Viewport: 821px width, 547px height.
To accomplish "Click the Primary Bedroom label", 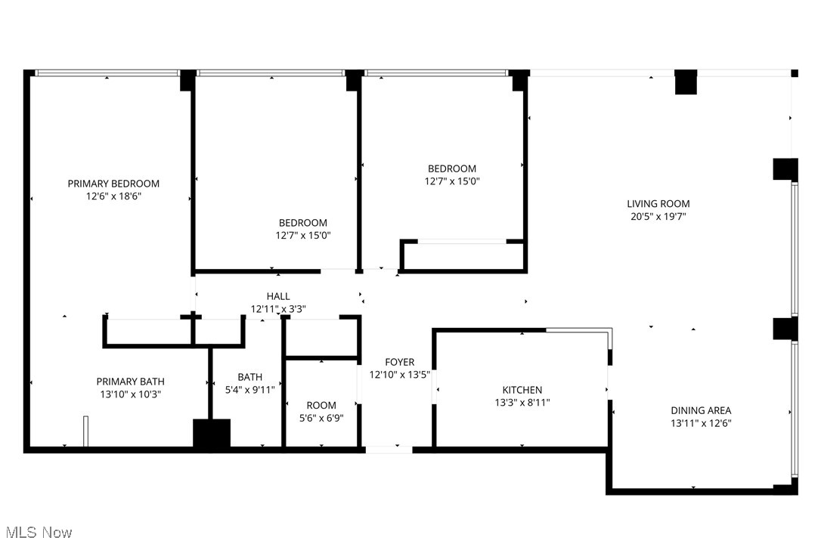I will click(x=113, y=184).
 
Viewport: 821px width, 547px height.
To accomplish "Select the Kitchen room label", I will click(x=522, y=390).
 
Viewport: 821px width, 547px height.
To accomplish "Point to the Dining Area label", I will click(x=701, y=411).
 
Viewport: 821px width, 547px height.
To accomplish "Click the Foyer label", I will click(x=399, y=363).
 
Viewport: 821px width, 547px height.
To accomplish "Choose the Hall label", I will click(x=278, y=296).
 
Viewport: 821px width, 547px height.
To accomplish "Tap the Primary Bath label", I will click(x=130, y=382).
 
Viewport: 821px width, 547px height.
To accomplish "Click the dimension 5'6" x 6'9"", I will click(x=321, y=418).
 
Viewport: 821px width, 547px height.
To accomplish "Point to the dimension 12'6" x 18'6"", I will click(x=113, y=196).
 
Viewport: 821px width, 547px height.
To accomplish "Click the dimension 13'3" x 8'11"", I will click(x=522, y=403).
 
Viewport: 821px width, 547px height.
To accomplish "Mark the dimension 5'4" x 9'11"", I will click(x=250, y=390).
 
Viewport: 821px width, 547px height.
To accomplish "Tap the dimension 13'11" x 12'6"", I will click(x=701, y=423).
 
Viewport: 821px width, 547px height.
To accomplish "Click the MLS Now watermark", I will click(x=36, y=533).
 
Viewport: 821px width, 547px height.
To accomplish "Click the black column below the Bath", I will click(x=212, y=435).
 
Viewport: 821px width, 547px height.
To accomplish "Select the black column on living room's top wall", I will click(x=686, y=82).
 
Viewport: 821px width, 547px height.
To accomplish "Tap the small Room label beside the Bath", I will click(x=321, y=406).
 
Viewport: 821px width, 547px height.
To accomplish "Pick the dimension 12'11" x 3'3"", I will click(x=278, y=308).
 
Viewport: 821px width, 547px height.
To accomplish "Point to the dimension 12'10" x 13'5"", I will click(x=399, y=375).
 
